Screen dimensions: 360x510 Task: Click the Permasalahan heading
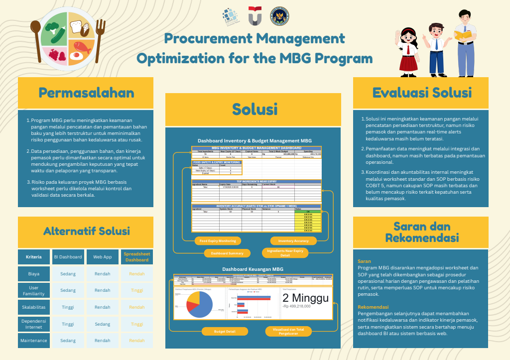click(x=86, y=93)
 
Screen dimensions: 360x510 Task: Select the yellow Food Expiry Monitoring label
click(x=218, y=240)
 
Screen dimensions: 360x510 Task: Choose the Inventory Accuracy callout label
click(x=293, y=240)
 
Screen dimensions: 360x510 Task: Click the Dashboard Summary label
click(x=227, y=253)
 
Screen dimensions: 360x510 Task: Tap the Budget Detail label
click(x=224, y=331)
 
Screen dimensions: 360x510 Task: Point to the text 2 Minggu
click(x=305, y=298)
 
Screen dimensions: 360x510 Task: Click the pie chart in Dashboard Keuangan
click(x=198, y=304)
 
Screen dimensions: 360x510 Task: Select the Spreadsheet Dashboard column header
click(x=136, y=257)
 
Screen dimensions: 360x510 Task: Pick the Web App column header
click(x=102, y=257)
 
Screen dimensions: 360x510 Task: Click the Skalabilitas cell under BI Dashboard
click(x=68, y=307)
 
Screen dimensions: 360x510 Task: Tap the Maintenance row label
click(x=34, y=341)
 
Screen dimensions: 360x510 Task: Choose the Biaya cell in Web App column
click(x=102, y=274)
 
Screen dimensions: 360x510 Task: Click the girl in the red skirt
click(x=411, y=47)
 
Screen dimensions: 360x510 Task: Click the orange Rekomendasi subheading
click(x=372, y=307)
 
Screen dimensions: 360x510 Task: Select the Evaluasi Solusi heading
click(x=421, y=93)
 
